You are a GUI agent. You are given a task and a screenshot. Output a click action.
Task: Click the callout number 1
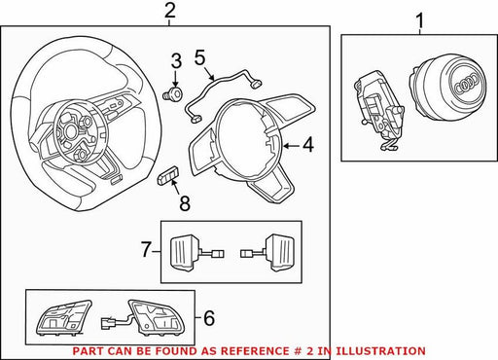pyautogui.click(x=419, y=20)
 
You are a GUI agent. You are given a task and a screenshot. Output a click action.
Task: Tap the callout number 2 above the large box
pyautogui.click(x=170, y=11)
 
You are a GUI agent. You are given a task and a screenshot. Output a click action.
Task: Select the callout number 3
pyautogui.click(x=176, y=61)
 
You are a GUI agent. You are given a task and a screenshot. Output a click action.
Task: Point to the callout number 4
pyautogui.click(x=308, y=145)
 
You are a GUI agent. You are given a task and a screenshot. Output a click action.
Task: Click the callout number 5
pyautogui.click(x=200, y=57)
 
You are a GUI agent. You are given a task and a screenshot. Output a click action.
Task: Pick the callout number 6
pyautogui.click(x=209, y=318)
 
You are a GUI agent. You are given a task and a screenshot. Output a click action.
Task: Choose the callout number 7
pyautogui.click(x=146, y=250)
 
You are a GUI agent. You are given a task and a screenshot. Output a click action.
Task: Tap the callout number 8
pyautogui.click(x=185, y=203)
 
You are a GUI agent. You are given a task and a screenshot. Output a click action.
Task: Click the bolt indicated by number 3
pyautogui.click(x=172, y=94)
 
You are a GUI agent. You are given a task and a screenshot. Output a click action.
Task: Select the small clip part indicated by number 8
pyautogui.click(x=168, y=175)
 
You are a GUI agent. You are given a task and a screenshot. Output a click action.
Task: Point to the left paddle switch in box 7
pyautogui.click(x=196, y=252)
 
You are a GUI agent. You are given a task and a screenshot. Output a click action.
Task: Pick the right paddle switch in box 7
pyautogui.click(x=267, y=252)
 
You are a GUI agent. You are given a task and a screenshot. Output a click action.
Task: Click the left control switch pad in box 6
pyautogui.click(x=63, y=317)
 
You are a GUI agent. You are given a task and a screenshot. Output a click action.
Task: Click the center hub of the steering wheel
pyautogui.click(x=70, y=130)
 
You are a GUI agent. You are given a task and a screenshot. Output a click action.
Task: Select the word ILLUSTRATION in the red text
pyautogui.click(x=380, y=351)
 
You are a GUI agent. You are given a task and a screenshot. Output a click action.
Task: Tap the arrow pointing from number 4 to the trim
pyautogui.click(x=291, y=146)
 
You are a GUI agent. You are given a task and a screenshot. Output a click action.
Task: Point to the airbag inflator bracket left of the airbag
pyautogui.click(x=378, y=110)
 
